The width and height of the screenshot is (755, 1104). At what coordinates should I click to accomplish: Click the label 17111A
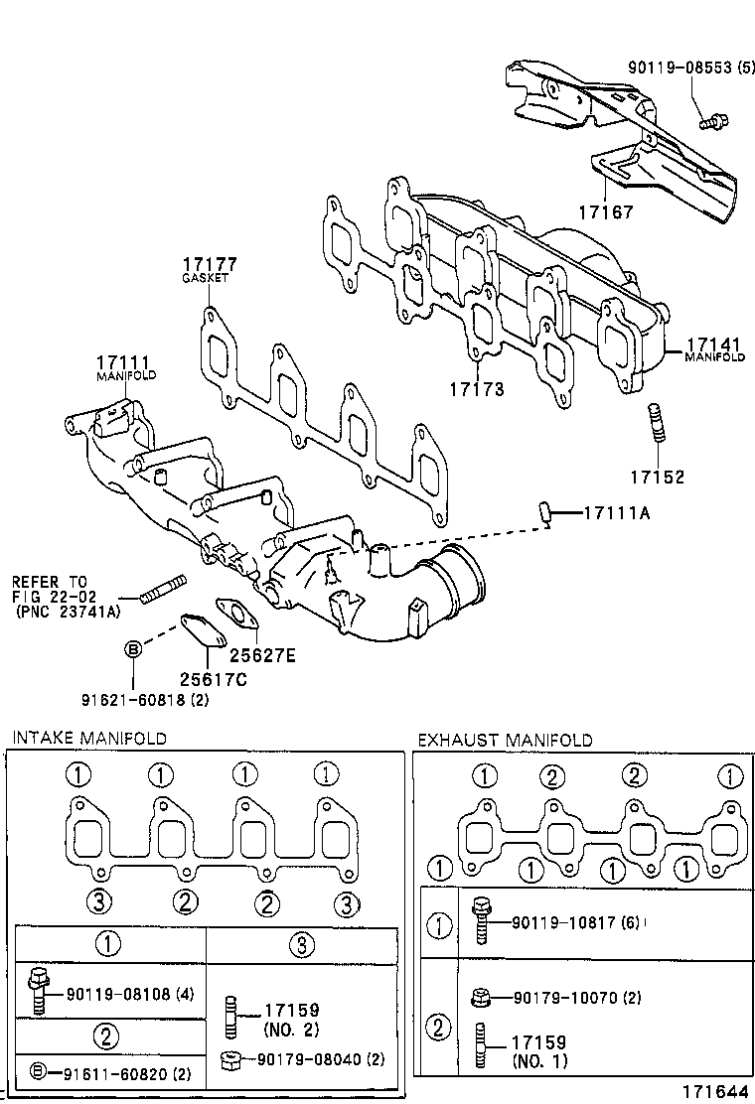click(x=617, y=513)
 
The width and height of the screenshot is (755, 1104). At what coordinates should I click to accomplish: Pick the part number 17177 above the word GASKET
click(x=209, y=264)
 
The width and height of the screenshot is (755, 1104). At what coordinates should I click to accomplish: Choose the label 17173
click(x=476, y=390)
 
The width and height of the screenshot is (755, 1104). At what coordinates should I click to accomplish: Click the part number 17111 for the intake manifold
click(x=123, y=362)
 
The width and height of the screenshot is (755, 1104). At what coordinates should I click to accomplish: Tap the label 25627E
click(x=263, y=655)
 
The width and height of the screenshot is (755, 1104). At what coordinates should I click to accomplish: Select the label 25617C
click(x=214, y=679)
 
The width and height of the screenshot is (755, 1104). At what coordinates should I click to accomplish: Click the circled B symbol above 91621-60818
click(x=132, y=648)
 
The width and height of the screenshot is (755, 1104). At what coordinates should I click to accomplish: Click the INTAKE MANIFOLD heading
click(x=88, y=738)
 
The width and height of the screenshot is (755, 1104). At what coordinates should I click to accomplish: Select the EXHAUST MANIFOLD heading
click(x=505, y=740)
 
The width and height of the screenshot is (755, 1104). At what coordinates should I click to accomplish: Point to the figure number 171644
click(x=713, y=1091)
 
